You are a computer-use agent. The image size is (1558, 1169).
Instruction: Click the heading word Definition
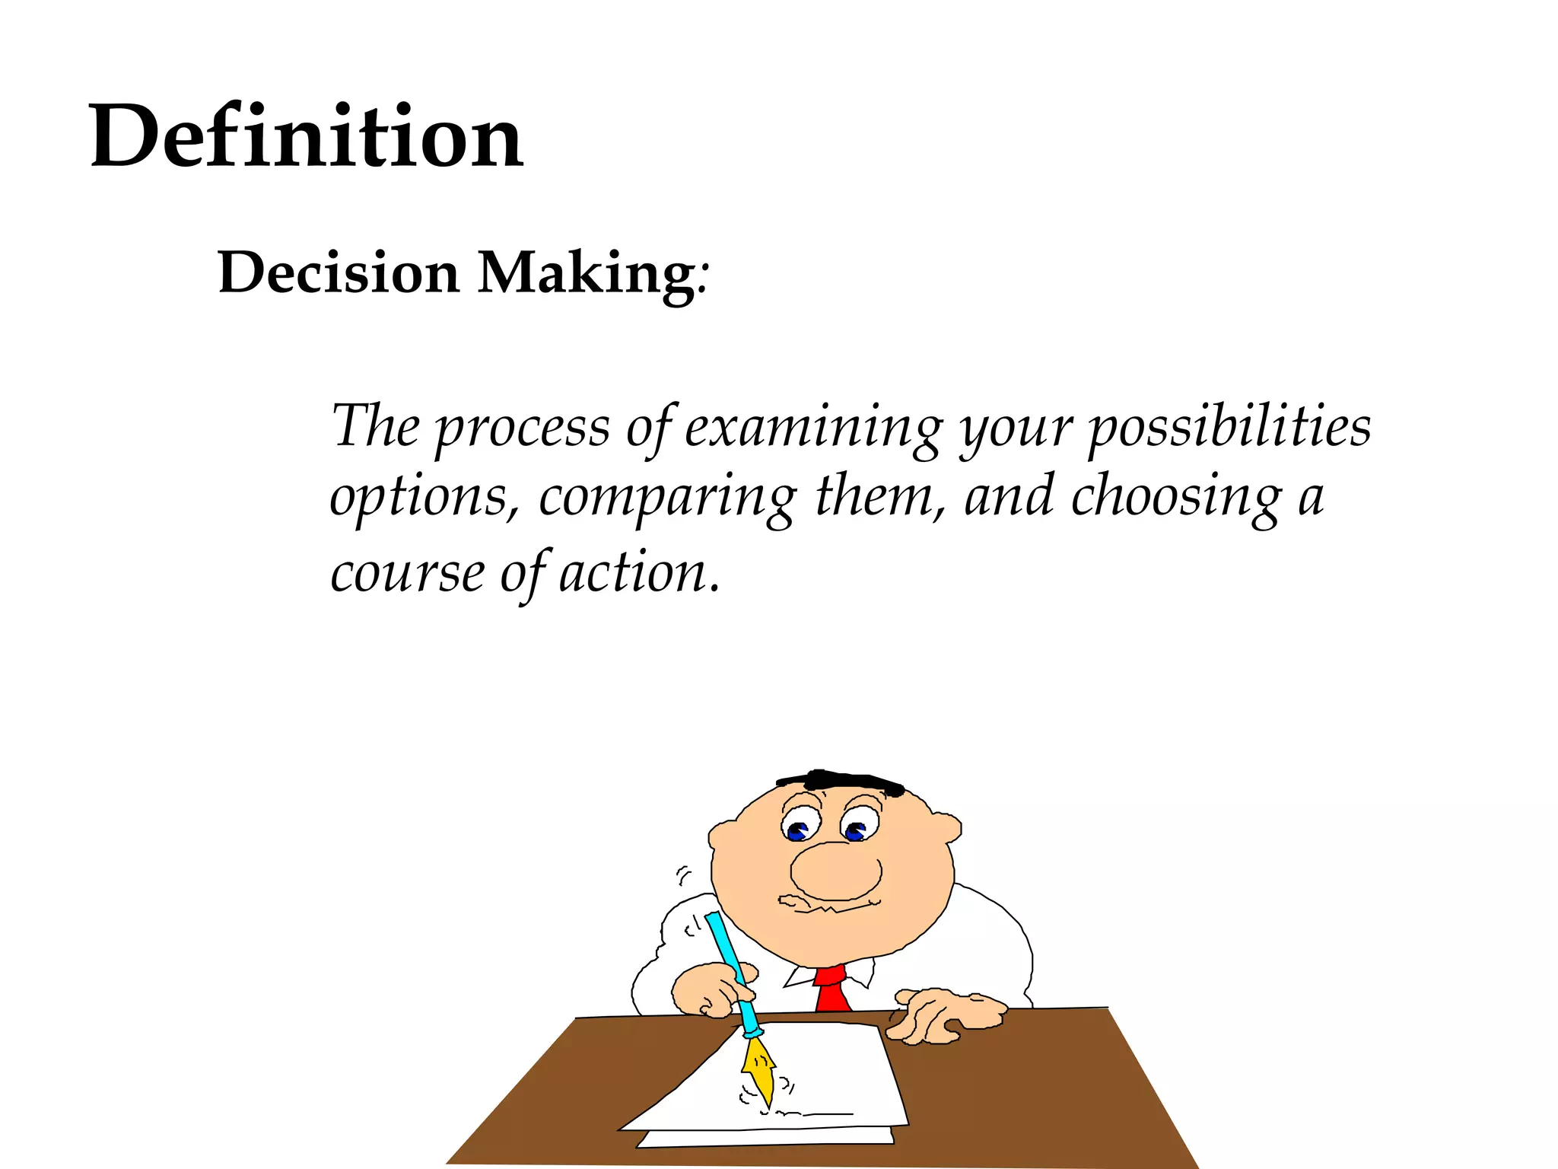pos(306,137)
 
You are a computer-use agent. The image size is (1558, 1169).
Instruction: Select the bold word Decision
pos(339,272)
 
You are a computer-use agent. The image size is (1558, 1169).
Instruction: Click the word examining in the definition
pos(813,428)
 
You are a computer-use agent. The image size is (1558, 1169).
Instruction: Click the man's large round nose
pos(835,871)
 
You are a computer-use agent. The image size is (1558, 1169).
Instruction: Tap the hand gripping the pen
pos(711,989)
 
